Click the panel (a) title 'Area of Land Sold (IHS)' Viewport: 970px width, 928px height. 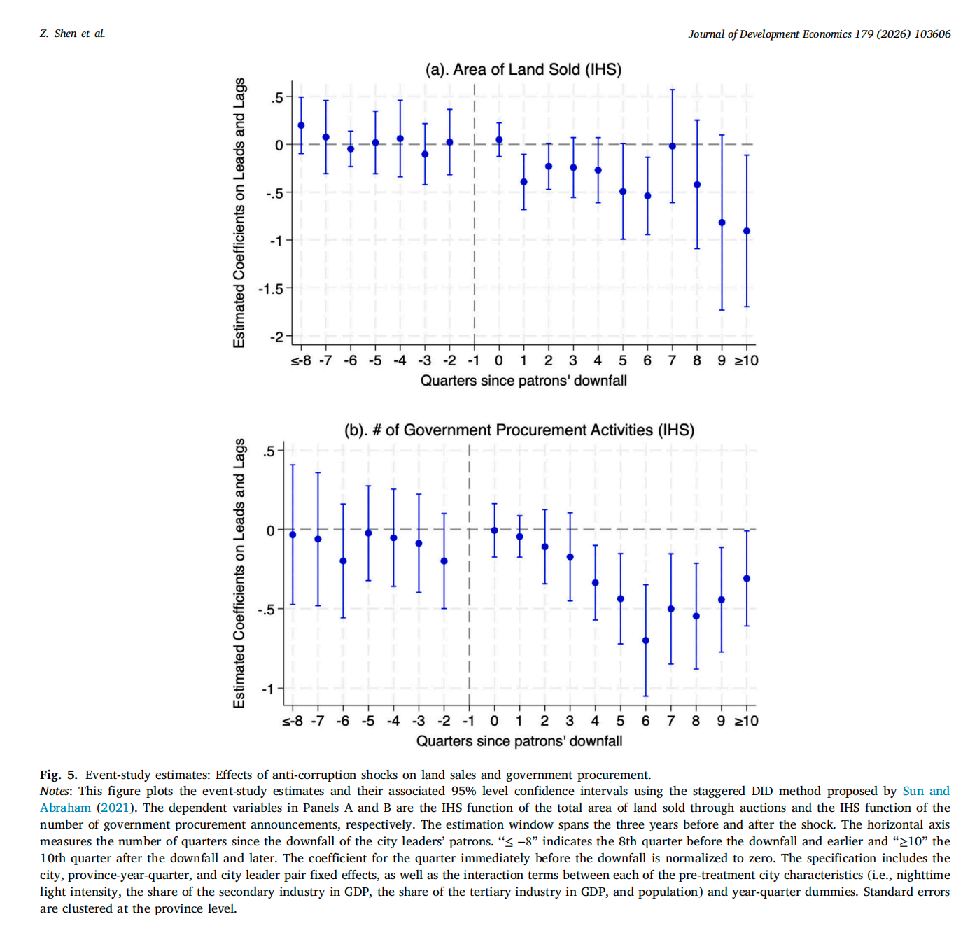tap(523, 69)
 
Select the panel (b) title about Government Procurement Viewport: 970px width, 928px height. tap(519, 430)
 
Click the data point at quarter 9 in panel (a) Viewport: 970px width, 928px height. tap(722, 223)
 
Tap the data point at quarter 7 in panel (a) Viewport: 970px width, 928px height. tap(673, 146)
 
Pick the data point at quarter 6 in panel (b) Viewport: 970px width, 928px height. tap(645, 640)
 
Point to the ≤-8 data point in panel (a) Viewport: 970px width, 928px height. tap(301, 125)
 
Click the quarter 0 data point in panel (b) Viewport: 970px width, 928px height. tap(494, 530)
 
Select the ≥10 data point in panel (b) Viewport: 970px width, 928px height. tap(746, 579)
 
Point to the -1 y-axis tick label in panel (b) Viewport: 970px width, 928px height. tap(268, 689)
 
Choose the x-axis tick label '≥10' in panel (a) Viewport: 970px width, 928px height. tap(746, 360)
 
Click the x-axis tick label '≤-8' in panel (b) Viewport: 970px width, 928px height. tap(293, 721)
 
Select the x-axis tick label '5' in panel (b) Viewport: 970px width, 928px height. tap(620, 721)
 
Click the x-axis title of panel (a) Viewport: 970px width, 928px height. tap(523, 381)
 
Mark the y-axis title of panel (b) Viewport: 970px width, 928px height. tap(239, 573)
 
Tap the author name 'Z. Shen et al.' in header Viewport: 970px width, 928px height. tap(73, 34)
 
